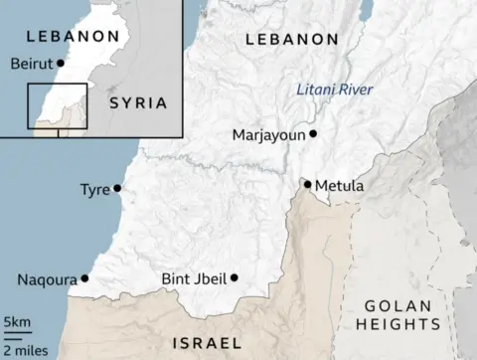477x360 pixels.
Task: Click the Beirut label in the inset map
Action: coord(31,64)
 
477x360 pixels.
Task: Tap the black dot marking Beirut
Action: coord(62,63)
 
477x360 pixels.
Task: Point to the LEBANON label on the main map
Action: coord(292,39)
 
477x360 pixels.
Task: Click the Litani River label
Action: coord(334,90)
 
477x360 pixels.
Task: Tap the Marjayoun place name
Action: coord(268,134)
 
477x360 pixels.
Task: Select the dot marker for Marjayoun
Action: coord(313,133)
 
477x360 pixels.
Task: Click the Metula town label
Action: coord(340,186)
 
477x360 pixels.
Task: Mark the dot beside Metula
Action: coord(308,184)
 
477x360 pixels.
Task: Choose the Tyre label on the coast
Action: coord(94,189)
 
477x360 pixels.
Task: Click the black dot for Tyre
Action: coord(117,188)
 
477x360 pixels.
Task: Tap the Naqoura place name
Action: coord(47,279)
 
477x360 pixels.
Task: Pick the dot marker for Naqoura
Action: coord(84,278)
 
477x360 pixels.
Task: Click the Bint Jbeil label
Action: coord(193,279)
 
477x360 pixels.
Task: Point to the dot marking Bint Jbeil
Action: coord(235,277)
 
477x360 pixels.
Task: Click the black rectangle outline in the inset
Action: coord(57,106)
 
